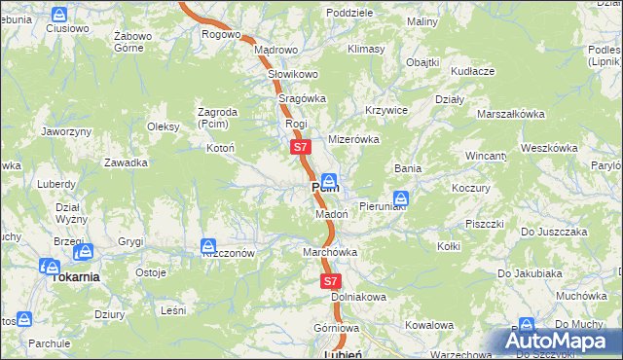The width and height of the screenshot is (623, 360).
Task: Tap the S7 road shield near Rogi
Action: click(x=300, y=147)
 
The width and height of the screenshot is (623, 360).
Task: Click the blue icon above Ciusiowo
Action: click(x=59, y=15)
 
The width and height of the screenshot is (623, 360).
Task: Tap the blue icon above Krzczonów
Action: click(x=207, y=246)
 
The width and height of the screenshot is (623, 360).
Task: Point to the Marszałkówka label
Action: click(x=510, y=114)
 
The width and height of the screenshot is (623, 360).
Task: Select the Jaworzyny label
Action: click(x=65, y=130)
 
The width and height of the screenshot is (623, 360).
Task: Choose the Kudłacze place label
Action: click(x=473, y=71)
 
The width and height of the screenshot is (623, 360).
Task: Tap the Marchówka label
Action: click(x=330, y=252)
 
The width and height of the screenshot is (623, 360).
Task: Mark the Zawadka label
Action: click(x=126, y=162)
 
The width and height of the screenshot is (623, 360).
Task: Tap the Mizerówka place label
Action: click(x=353, y=139)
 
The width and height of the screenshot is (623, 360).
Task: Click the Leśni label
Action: click(x=172, y=310)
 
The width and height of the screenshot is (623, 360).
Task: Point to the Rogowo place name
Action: click(x=221, y=34)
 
